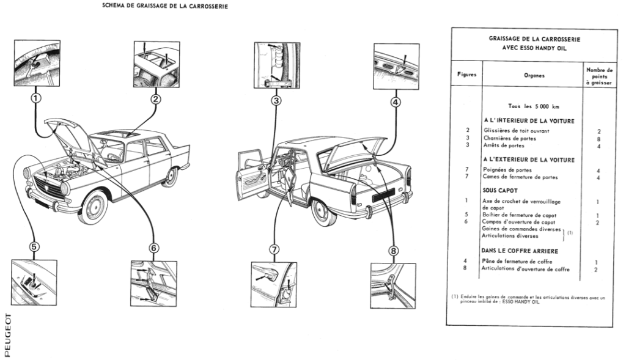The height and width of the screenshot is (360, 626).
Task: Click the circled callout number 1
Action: click(x=36, y=97)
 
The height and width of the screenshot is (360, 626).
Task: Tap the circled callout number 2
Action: click(x=156, y=98)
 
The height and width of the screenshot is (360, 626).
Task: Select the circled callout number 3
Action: click(x=276, y=100)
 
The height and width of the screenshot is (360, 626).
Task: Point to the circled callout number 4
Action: click(x=396, y=102)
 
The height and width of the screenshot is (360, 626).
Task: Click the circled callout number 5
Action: click(x=35, y=247)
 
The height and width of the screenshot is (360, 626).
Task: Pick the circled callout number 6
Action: click(x=153, y=248)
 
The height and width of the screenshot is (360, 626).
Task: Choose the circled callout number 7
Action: click(x=274, y=249)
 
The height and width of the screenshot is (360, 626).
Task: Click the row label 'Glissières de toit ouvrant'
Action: click(x=516, y=130)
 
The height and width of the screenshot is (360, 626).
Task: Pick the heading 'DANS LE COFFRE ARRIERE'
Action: click(x=526, y=251)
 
